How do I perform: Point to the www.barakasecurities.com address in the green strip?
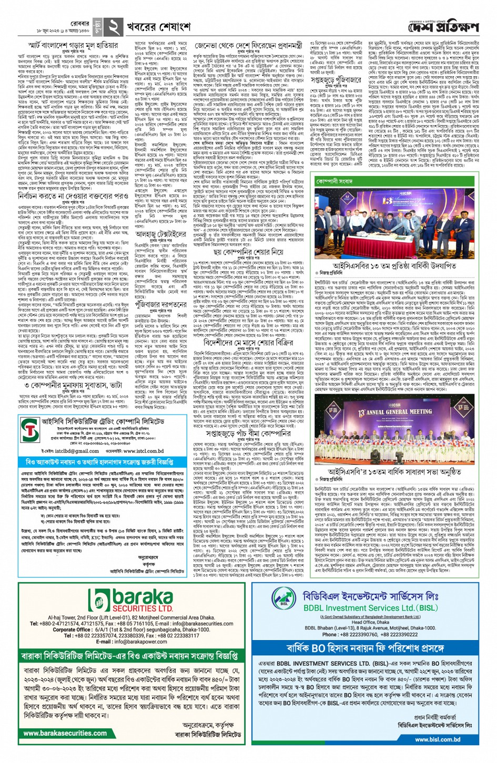pyautogui.click(x=65, y=733)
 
